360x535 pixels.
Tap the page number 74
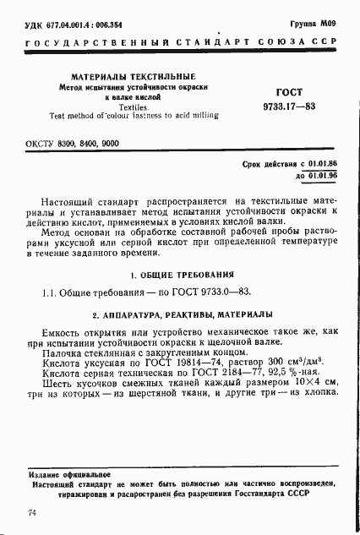tap(31, 513)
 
